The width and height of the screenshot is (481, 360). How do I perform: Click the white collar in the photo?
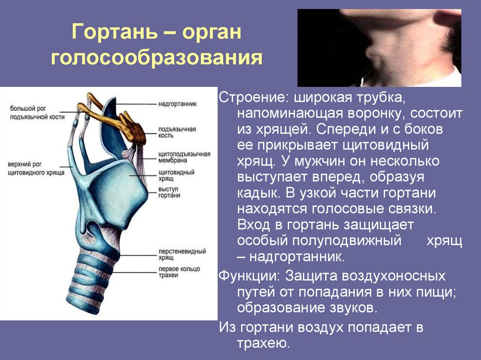(444, 77)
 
